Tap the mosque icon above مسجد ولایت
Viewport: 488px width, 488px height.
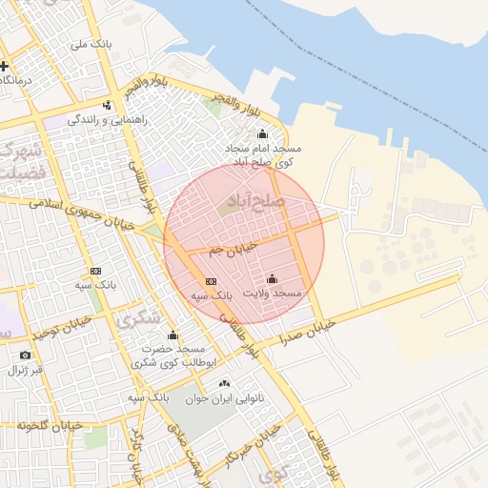click(273, 279)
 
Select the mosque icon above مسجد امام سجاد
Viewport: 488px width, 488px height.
click(263, 133)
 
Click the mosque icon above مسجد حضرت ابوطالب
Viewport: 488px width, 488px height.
click(173, 335)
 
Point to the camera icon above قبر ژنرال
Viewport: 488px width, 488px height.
click(25, 356)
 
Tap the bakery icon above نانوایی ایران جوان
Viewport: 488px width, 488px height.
click(224, 383)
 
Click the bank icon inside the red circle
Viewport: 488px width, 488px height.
click(211, 281)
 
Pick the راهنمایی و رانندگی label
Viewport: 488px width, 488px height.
click(107, 120)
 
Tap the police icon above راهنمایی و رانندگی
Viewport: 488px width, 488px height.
click(108, 105)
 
